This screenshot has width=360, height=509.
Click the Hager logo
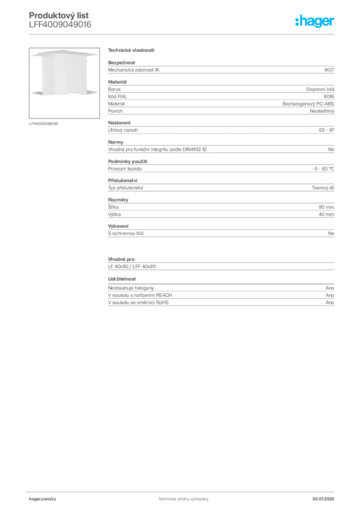314,21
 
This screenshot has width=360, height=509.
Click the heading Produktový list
59,15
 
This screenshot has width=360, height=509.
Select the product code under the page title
60,25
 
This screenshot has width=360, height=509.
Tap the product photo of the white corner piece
64,83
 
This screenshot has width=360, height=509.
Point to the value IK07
329,70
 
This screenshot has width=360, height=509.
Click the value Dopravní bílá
320,89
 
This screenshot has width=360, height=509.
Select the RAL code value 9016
329,96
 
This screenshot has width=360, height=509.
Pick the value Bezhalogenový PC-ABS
308,104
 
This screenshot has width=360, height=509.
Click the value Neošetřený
322,111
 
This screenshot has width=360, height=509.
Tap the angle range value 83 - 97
326,130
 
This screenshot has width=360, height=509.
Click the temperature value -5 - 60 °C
323,169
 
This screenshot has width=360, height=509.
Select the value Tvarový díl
323,187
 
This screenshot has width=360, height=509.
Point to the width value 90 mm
326,207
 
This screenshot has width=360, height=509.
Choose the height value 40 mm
326,214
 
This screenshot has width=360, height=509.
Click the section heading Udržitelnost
122,279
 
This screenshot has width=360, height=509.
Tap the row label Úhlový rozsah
123,130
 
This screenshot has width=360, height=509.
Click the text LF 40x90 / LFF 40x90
132,266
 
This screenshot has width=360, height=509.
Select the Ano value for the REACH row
330,295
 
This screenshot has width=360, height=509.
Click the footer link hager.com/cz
43,499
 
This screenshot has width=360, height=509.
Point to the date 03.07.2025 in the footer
323,499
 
